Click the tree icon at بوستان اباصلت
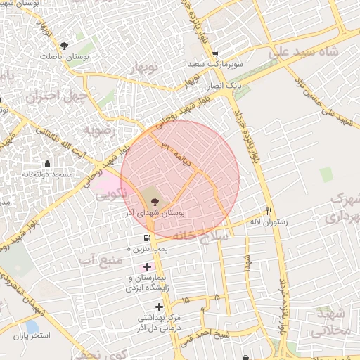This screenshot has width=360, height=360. [64, 46]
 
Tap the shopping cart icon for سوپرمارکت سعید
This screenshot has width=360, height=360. [215, 53]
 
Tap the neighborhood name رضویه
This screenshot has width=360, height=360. [98, 131]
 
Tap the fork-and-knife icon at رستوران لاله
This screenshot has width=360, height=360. [268, 211]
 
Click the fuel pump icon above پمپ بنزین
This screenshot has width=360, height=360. [148, 238]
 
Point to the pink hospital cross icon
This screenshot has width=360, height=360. [147, 266]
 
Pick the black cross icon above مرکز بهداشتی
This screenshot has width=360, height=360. [160, 307]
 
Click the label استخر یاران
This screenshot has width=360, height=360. [30, 335]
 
